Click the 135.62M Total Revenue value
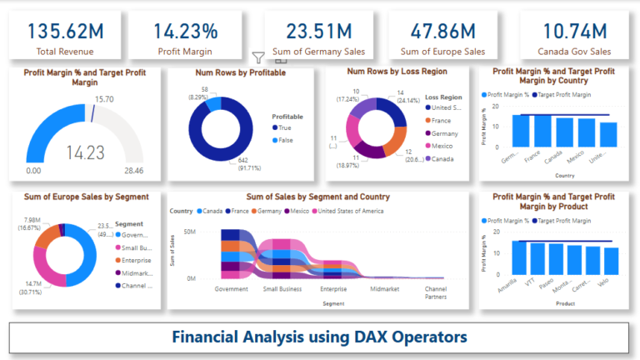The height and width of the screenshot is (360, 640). point(65,32)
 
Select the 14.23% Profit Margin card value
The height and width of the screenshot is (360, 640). point(186,32)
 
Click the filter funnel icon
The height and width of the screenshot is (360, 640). point(259,57)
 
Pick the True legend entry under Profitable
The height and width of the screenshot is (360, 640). point(283,127)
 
